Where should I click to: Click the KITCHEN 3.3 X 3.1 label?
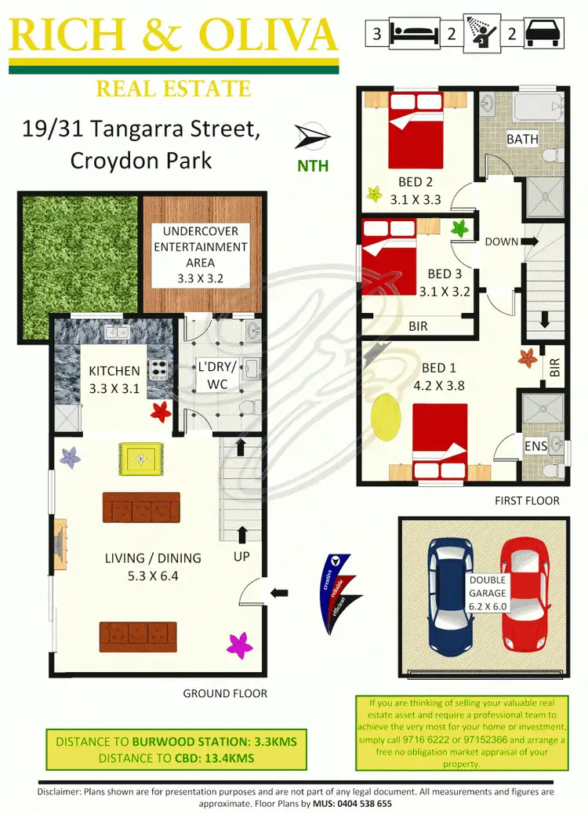coord(114,378)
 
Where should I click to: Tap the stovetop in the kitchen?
coord(159,368)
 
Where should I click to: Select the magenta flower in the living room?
coord(240,645)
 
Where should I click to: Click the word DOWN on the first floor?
coord(502,242)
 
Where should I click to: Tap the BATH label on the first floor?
coord(522,139)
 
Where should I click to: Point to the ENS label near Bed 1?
coord(535,446)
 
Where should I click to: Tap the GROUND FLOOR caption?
coord(225,693)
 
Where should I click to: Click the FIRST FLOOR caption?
coord(527,500)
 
